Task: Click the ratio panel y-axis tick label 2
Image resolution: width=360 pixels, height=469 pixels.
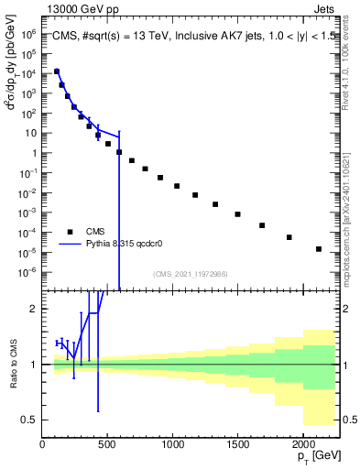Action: coord(34,309)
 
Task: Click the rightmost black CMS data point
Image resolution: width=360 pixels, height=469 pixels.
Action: coord(318,249)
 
